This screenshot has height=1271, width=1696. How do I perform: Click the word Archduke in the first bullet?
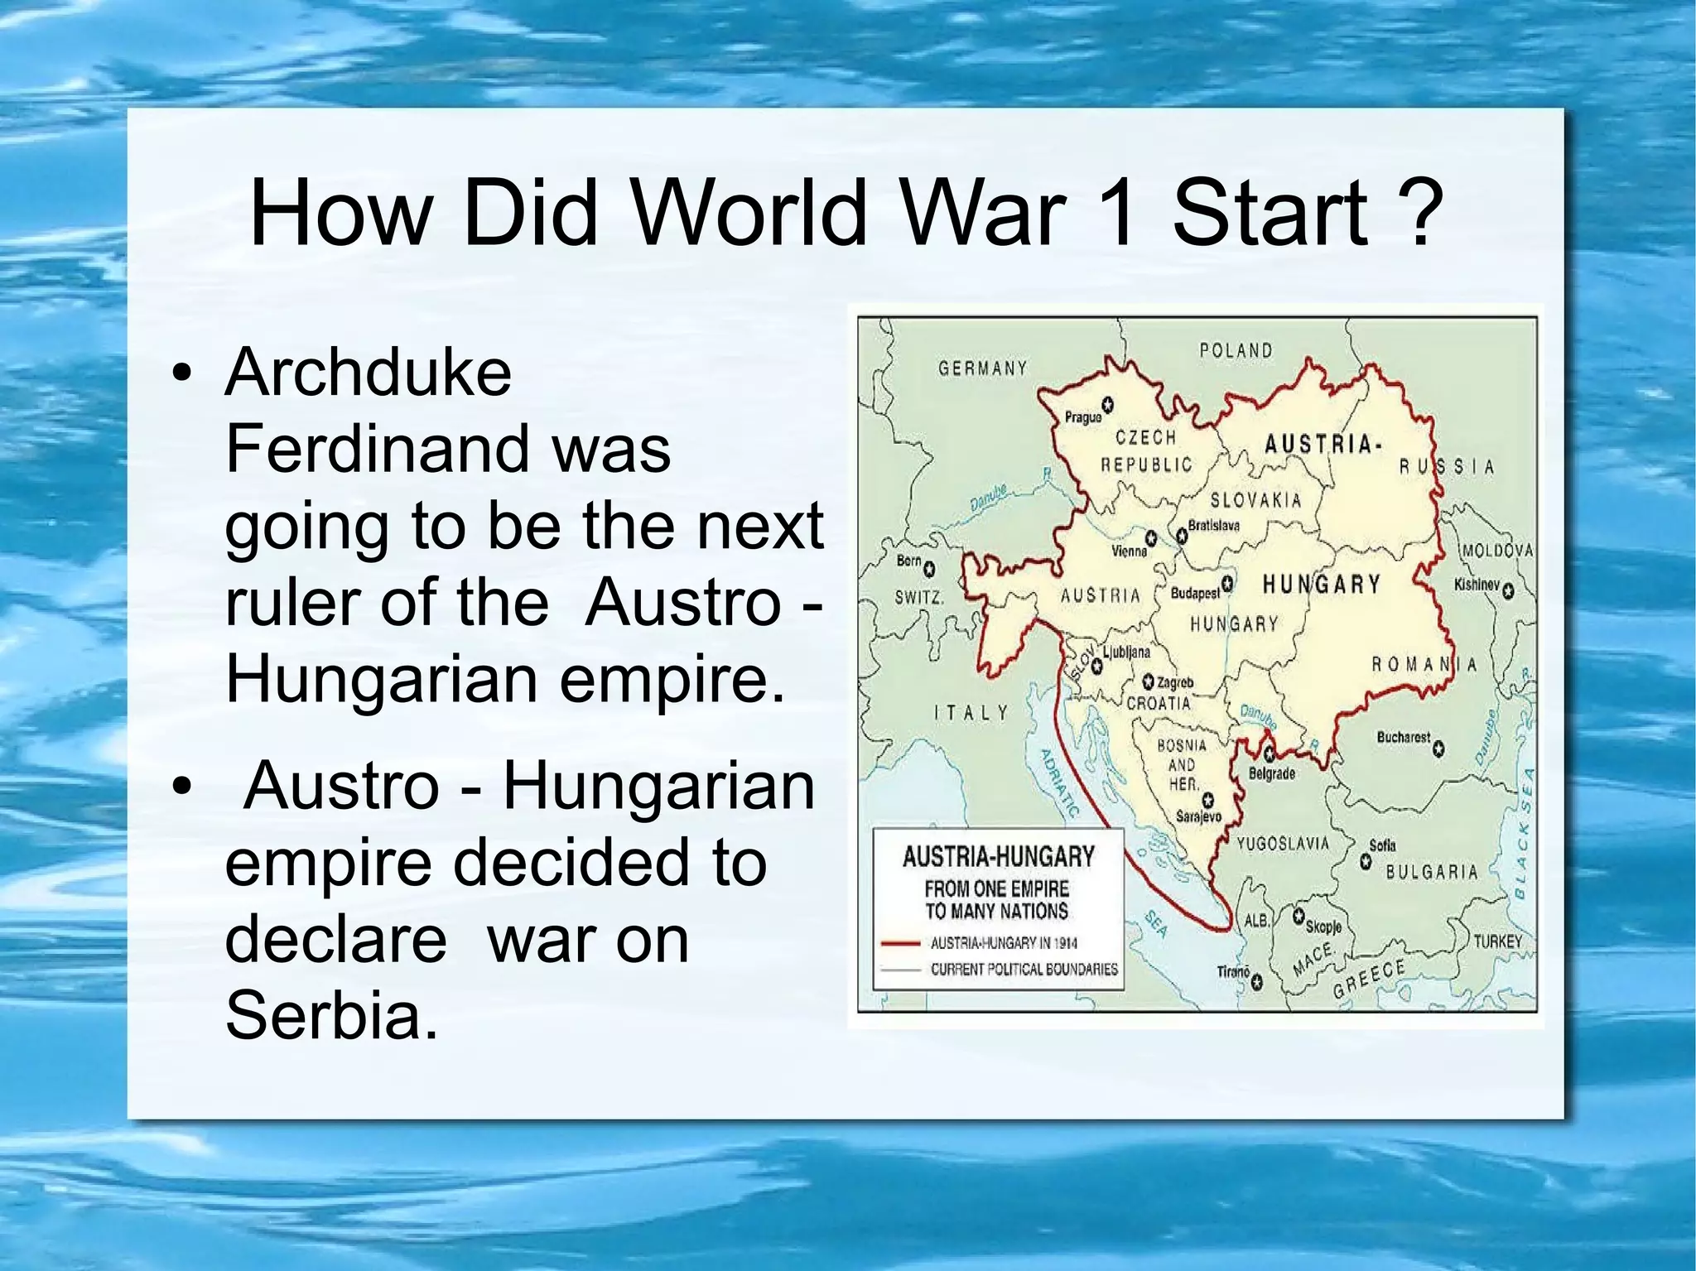pyautogui.click(x=368, y=373)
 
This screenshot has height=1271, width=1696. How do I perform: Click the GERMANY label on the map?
pyautogui.click(x=982, y=368)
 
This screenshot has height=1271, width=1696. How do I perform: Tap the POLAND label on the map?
pyautogui.click(x=1236, y=351)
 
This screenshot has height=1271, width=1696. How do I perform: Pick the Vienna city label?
pyautogui.click(x=1129, y=551)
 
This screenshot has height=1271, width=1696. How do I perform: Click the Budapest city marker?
pyautogui.click(x=1228, y=584)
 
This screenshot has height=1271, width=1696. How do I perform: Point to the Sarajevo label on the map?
pyautogui.click(x=1198, y=816)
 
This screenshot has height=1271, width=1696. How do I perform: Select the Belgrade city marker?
pyautogui.click(x=1270, y=753)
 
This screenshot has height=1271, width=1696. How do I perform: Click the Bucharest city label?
pyautogui.click(x=1403, y=737)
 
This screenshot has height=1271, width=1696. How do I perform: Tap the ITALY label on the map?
pyautogui.click(x=971, y=712)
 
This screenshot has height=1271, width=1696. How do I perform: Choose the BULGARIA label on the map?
pyautogui.click(x=1431, y=872)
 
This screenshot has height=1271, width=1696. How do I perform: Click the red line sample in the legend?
pyautogui.click(x=900, y=942)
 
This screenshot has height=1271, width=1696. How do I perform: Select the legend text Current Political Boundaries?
pyautogui.click(x=1024, y=969)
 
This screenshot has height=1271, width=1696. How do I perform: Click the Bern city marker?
pyautogui.click(x=929, y=569)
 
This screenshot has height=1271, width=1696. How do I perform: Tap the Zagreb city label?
pyautogui.click(x=1175, y=683)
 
